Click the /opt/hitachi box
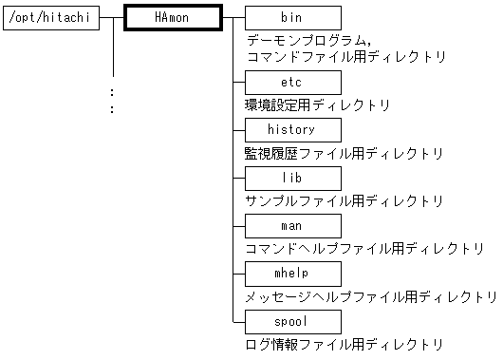coord(51,18)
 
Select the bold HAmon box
coord(174,18)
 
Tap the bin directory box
coord(292,18)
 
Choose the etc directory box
coord(292,82)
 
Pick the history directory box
coord(292,129)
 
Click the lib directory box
coord(292,178)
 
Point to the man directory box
coord(292,225)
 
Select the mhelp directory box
coord(292,273)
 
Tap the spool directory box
coord(292,321)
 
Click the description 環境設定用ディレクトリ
coord(317,105)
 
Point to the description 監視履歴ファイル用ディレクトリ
coord(344,153)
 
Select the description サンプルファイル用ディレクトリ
coord(344,201)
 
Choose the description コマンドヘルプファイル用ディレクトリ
coord(364,249)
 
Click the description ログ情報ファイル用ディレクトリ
coord(344,345)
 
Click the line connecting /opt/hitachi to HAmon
coord(113,18)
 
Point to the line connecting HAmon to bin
coord(233,18)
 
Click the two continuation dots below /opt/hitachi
coord(112,101)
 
